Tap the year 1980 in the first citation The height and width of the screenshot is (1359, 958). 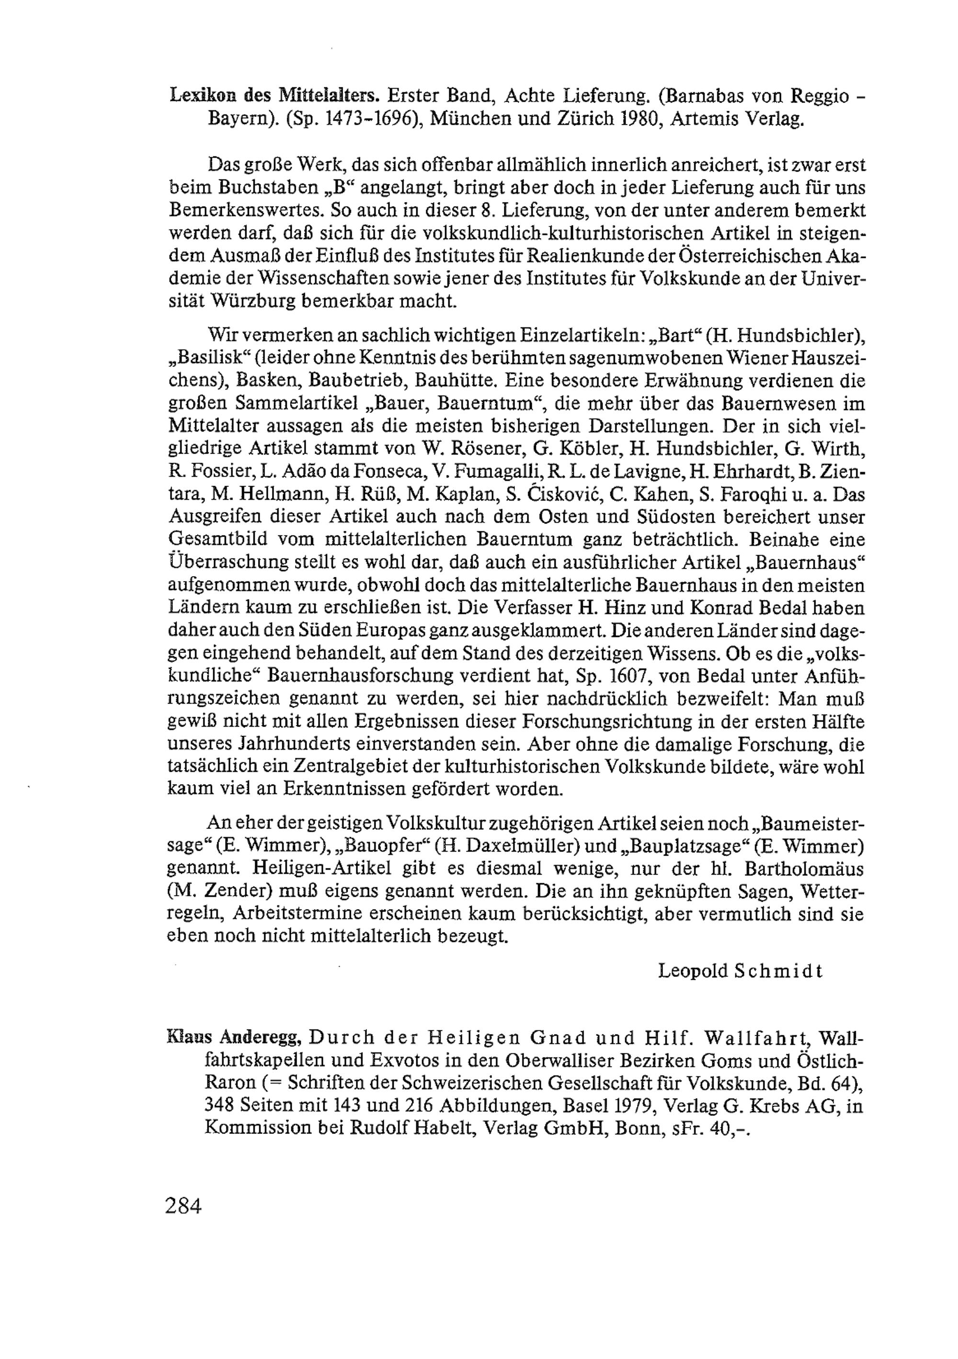point(617,118)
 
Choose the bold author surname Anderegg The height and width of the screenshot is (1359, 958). point(261,1039)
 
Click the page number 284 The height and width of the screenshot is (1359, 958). point(184,1205)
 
